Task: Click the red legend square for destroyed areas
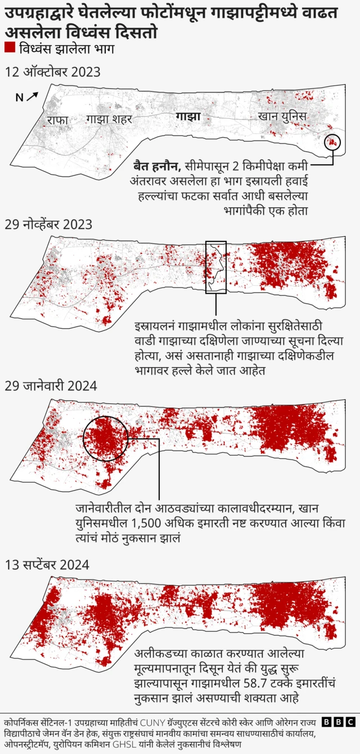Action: [x=9, y=48]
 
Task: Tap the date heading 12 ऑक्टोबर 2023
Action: [x=52, y=71]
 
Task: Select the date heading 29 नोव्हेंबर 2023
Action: [x=48, y=224]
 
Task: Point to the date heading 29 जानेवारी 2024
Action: [x=51, y=386]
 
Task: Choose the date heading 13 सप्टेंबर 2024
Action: [x=47, y=564]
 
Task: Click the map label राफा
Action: [x=57, y=120]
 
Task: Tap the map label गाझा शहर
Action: [x=109, y=119]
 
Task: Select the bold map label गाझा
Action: [x=188, y=117]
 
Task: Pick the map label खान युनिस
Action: [x=282, y=117]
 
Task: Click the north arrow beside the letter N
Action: [x=33, y=96]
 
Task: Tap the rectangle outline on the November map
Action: [x=215, y=267]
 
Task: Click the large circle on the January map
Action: [x=105, y=438]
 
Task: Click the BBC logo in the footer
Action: [x=338, y=722]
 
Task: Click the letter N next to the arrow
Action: [x=19, y=98]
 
